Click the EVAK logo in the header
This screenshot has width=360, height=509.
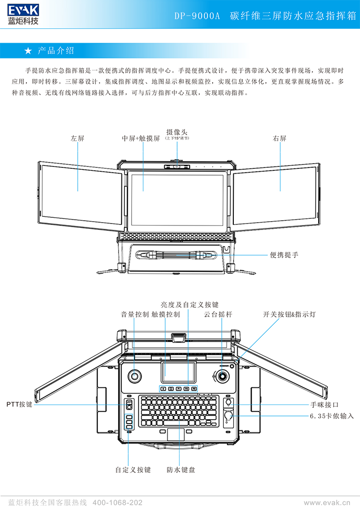point(23,13)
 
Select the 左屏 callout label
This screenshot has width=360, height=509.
point(77,138)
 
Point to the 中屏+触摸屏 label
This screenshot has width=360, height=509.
point(141,138)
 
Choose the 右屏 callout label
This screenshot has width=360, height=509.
point(280,138)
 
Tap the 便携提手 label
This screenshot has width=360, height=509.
point(284,255)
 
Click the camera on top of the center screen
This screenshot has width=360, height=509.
point(177,166)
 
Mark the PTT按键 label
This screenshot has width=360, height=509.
point(19,404)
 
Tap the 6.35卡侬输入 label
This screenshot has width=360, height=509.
point(332,416)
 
